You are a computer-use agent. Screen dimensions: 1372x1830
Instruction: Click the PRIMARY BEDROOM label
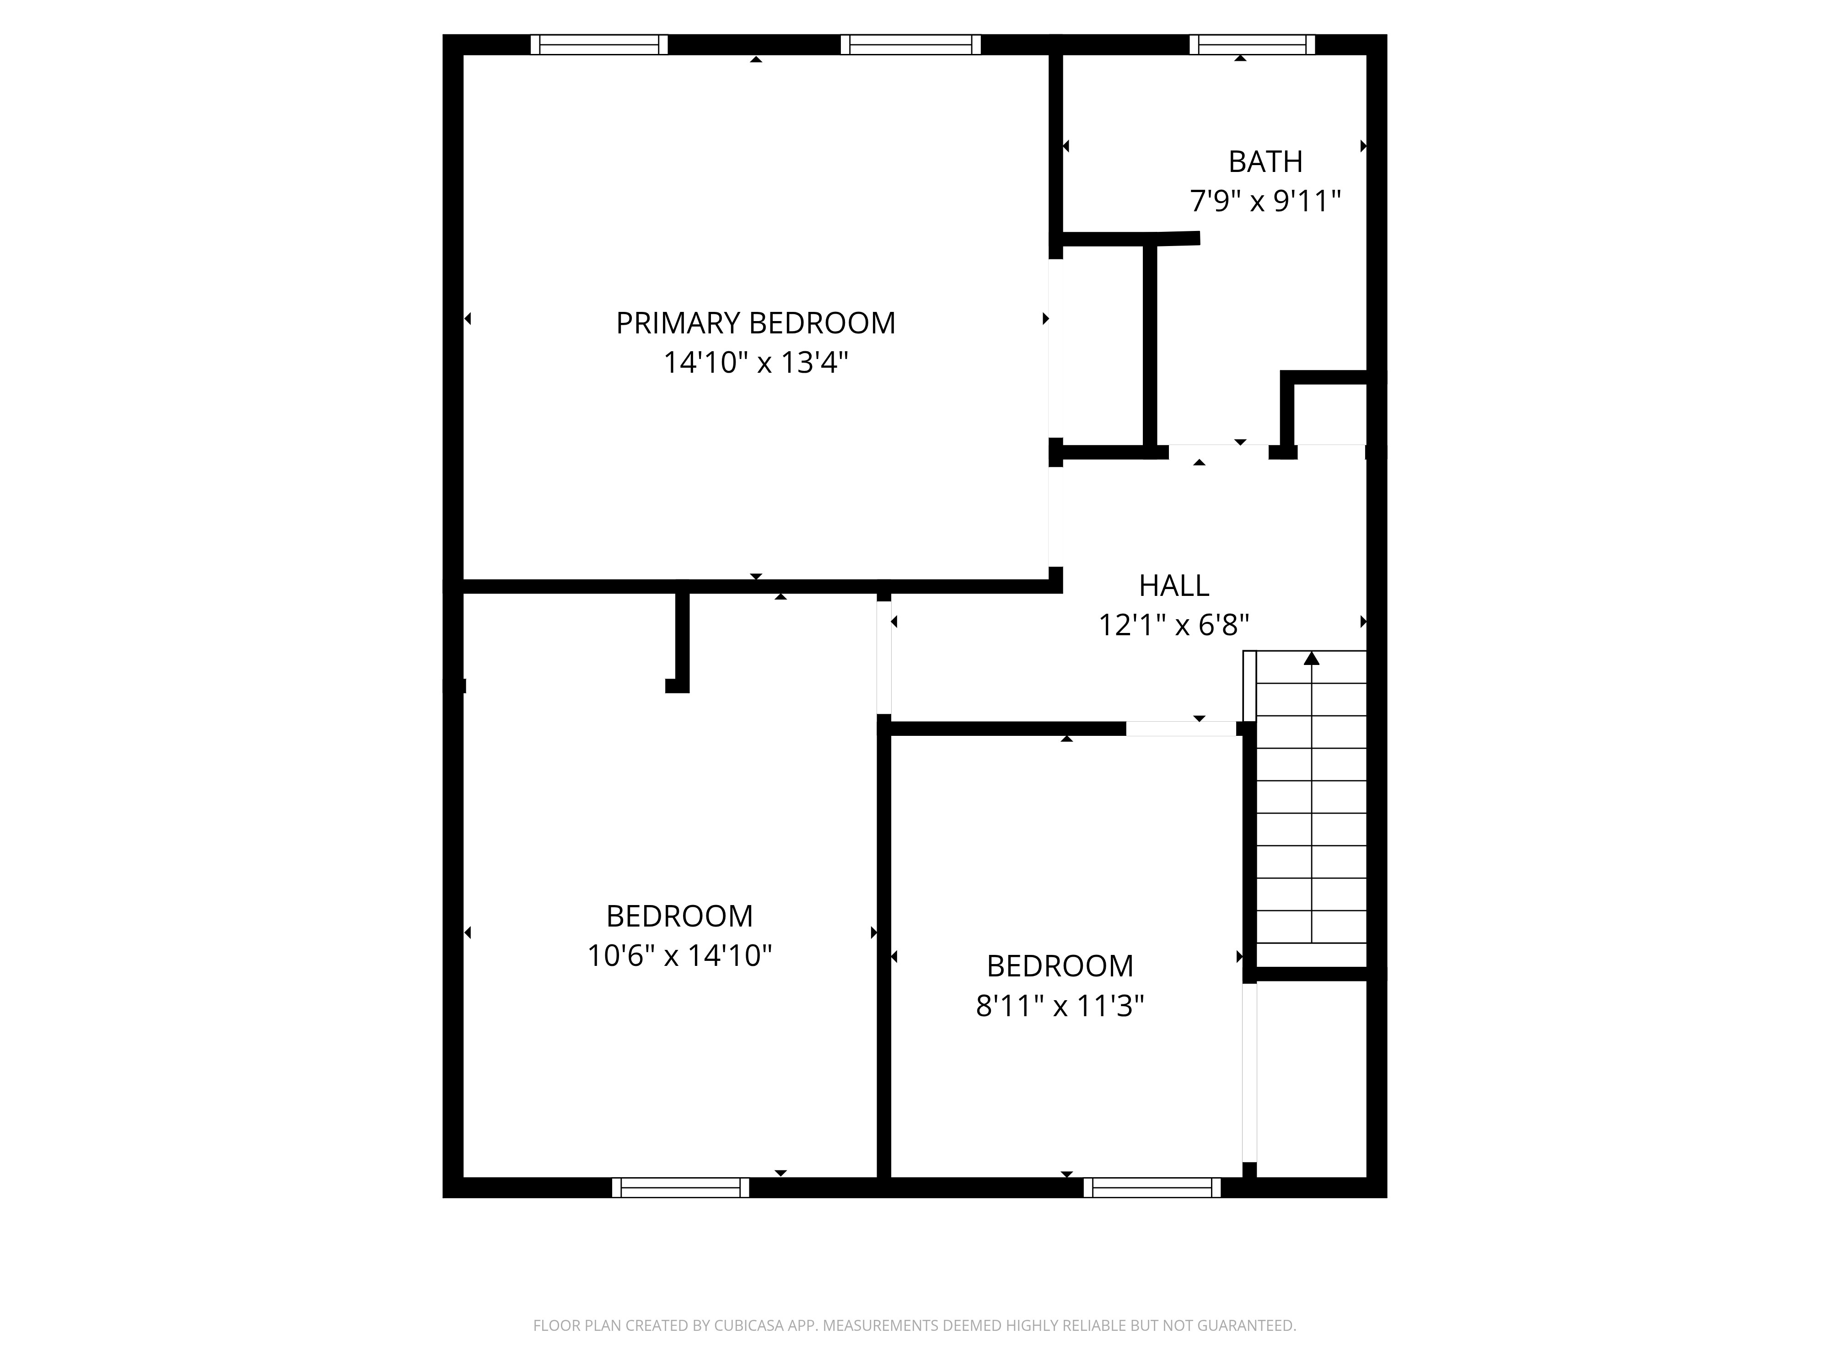point(755,322)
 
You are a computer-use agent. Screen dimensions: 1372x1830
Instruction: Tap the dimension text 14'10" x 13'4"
point(755,362)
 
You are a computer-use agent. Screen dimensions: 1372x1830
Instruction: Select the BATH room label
point(1265,161)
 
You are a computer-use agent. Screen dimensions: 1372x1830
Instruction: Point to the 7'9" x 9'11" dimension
point(1265,201)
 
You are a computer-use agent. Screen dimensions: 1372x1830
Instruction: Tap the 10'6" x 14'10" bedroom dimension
point(679,956)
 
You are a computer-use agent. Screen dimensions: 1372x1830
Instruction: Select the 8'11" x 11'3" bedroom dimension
point(1060,1006)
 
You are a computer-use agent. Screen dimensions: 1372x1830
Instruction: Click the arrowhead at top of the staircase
point(1311,659)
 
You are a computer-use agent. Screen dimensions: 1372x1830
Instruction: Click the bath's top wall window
point(1252,45)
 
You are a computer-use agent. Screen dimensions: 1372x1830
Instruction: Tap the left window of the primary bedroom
point(599,45)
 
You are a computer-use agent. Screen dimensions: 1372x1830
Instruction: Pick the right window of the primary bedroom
point(910,45)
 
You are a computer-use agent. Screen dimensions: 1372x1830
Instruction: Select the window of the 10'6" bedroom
point(680,1188)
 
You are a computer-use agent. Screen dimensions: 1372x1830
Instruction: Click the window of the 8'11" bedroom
point(1152,1188)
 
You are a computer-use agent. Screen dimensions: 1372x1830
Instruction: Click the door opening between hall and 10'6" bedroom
point(883,658)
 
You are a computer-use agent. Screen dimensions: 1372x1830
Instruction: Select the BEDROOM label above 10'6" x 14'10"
point(679,916)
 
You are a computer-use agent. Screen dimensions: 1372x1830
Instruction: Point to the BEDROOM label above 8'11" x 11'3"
point(1060,966)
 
